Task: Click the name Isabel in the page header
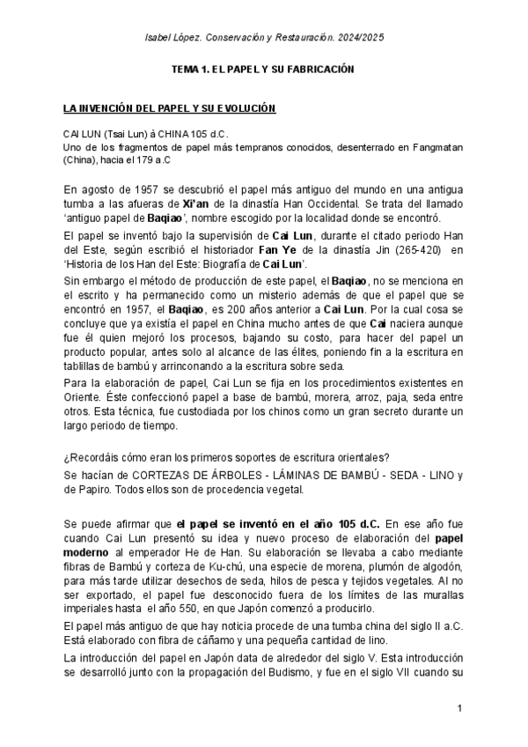(158, 38)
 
